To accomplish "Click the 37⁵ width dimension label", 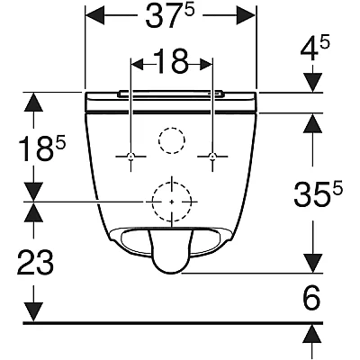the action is pos(170,16).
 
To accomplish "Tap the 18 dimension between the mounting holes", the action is pos(171,61).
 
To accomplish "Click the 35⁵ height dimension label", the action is pos(318,193).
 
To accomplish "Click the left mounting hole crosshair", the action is pos(130,157).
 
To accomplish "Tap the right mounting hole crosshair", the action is pos(212,157).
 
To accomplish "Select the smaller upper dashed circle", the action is pos(172,128).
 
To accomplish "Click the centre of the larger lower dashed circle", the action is pos(172,202).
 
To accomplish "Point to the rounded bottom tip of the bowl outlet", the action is pos(169,273).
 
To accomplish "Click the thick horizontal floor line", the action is pos(173,323).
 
